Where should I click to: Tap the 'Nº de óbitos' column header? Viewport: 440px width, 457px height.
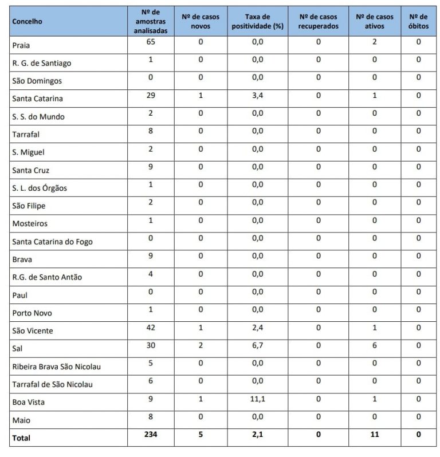click(418, 21)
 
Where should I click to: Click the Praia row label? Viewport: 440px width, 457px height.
click(21, 45)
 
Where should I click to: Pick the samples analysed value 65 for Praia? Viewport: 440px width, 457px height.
click(150, 42)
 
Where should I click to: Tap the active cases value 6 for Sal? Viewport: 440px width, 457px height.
click(375, 345)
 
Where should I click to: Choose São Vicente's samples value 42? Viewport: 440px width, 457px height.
click(150, 328)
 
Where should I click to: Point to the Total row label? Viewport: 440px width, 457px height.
click(21, 438)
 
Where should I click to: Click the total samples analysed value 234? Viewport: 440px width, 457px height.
click(150, 435)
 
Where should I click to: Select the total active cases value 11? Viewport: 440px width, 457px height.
click(375, 435)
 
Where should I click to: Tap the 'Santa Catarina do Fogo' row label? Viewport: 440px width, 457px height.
click(52, 242)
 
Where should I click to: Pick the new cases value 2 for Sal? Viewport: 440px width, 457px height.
click(201, 345)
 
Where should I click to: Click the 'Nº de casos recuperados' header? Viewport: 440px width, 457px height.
click(319, 21)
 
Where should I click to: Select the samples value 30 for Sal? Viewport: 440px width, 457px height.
click(150, 345)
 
